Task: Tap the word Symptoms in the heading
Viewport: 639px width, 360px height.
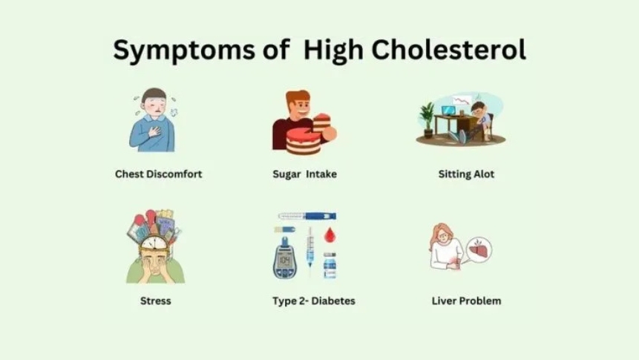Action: coord(177,50)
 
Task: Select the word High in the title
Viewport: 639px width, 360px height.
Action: coord(332,50)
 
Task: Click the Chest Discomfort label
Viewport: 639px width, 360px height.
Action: coord(159,174)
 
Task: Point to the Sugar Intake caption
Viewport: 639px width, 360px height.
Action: coord(304,174)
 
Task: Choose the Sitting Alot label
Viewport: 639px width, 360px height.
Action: coord(466,174)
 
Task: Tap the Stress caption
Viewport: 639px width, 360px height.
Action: coord(155,301)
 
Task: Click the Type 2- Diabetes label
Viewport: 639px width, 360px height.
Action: coord(314,301)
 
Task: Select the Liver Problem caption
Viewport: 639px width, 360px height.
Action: coord(466,301)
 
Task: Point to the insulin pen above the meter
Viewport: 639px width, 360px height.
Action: coord(307,216)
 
